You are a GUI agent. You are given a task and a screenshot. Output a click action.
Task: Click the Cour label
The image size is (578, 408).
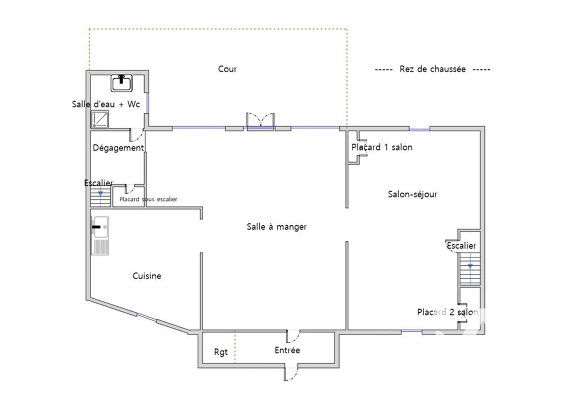pos(227,69)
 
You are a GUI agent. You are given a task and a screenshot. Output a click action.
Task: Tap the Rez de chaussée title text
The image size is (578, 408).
pos(432,69)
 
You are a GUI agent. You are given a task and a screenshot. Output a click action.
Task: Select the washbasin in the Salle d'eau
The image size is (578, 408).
pos(122,83)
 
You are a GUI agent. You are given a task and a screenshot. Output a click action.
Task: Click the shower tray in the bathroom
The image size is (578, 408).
pos(100,119)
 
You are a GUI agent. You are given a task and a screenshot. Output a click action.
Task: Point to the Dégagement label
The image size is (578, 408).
pos(118,148)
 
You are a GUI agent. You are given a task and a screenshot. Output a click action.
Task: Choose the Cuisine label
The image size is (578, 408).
pos(147,276)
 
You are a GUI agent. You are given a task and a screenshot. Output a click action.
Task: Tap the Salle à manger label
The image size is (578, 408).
pos(277,227)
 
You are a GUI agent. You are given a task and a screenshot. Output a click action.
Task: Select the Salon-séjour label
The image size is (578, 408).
pos(413,194)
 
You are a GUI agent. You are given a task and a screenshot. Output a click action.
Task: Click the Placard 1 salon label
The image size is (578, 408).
pos(382,147)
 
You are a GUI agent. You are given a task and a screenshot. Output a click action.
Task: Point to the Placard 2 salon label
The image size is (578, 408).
pos(447,312)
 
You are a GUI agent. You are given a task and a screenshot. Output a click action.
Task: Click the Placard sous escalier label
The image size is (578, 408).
pos(148,199)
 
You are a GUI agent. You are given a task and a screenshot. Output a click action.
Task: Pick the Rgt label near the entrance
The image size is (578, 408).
pos(221,352)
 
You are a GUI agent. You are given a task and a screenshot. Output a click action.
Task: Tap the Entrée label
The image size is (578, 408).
pos(287,350)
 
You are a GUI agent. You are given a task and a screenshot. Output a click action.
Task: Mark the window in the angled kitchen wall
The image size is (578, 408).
pos(147,317)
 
